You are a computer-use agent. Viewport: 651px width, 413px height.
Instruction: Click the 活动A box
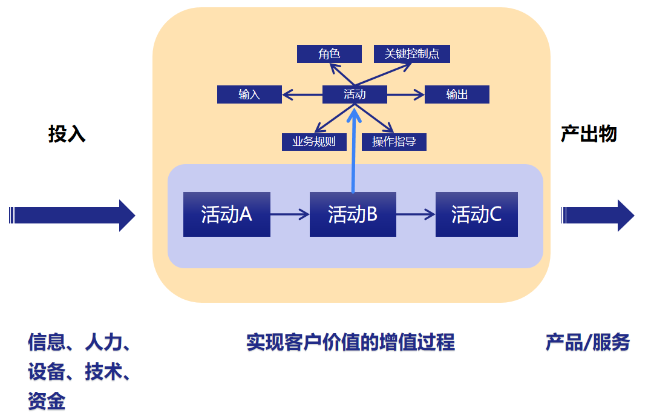(x=226, y=214)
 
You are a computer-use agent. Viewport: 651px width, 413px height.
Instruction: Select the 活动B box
(x=353, y=214)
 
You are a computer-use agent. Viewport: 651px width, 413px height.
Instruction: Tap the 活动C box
(x=476, y=214)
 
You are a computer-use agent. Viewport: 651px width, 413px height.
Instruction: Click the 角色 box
(x=329, y=54)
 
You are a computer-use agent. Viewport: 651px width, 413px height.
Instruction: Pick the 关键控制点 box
(x=412, y=54)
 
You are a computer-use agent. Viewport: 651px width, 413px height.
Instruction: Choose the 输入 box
(x=249, y=94)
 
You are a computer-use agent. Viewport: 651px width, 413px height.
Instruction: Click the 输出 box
(x=457, y=94)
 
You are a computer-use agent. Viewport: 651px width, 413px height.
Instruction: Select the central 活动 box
(x=355, y=94)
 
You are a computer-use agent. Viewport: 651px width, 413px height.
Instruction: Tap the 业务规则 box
(x=314, y=142)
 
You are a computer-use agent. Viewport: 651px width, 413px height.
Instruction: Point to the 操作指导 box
(x=394, y=142)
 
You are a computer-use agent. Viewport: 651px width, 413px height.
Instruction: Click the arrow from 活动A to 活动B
(x=290, y=214)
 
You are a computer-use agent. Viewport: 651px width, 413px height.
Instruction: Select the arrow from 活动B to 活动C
(x=416, y=214)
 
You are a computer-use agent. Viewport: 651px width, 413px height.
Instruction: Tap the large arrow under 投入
(x=73, y=215)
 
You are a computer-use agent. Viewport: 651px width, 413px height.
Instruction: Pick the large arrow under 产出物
(x=598, y=215)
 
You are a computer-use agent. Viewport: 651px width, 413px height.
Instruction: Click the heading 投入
(x=67, y=134)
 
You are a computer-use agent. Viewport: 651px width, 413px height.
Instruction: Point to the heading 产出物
(x=588, y=134)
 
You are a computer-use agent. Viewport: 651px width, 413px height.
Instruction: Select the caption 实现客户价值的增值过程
(x=350, y=343)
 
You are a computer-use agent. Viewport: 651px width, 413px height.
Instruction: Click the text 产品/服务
(x=587, y=343)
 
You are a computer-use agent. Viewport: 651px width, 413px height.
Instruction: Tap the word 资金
(x=47, y=400)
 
